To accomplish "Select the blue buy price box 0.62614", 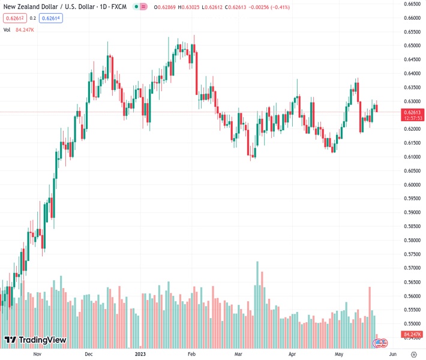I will click(x=52, y=18).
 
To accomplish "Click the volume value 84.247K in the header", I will click(x=25, y=29).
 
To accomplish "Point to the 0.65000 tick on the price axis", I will click(x=411, y=46).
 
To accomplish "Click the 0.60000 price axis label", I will click(x=411, y=185).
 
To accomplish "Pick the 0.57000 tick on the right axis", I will click(x=411, y=268).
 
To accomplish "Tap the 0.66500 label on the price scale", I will click(x=411, y=4).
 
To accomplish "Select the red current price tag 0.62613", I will click(x=413, y=112).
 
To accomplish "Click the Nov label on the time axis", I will click(x=37, y=354).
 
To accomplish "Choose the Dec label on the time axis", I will click(x=89, y=354).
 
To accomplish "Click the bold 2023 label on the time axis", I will click(x=140, y=354).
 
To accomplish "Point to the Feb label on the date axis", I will click(x=191, y=354).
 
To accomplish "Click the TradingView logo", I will click(x=35, y=341).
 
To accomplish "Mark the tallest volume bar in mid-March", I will click(x=257, y=304).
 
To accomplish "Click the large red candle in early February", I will click(x=196, y=72).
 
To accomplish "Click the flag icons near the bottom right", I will click(x=380, y=343).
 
